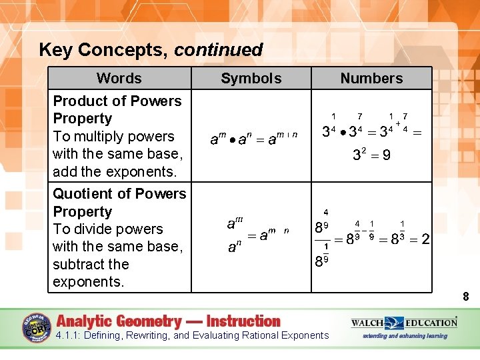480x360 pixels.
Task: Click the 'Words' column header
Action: click(x=119, y=78)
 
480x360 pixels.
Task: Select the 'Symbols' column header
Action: click(x=251, y=78)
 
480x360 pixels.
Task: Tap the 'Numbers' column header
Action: click(x=371, y=78)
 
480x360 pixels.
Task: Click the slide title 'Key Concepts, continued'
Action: click(x=151, y=49)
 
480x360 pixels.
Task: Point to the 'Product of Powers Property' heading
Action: click(x=117, y=109)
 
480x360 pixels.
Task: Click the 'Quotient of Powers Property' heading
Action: click(x=119, y=202)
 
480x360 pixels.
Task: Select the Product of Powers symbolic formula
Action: click(x=253, y=138)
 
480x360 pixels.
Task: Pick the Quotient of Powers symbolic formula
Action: click(x=256, y=235)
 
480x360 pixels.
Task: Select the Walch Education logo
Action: click(x=404, y=323)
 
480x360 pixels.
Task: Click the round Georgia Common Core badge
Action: click(x=37, y=327)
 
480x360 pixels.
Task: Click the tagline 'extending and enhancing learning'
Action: click(x=405, y=336)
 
